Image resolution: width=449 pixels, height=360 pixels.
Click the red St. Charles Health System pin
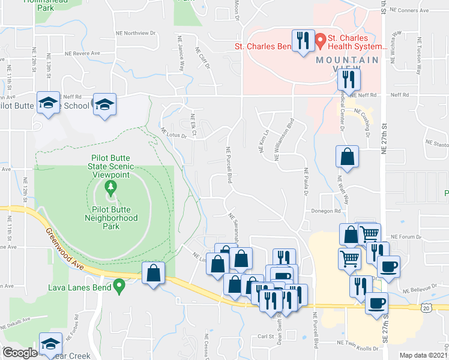[321, 41]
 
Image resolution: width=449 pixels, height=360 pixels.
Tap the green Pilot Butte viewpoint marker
[110, 189]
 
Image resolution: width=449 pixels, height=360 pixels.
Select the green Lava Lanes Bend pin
[119, 287]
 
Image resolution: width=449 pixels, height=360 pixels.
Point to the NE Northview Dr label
[135, 34]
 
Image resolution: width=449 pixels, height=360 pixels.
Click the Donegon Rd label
[326, 211]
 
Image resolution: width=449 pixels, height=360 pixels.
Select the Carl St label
[265, 337]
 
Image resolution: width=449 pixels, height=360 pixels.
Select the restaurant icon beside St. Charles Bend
[301, 41]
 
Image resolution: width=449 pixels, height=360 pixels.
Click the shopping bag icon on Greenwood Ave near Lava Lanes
[154, 272]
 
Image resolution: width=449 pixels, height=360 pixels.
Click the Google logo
[20, 353]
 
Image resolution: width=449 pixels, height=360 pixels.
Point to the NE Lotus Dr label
[173, 133]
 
